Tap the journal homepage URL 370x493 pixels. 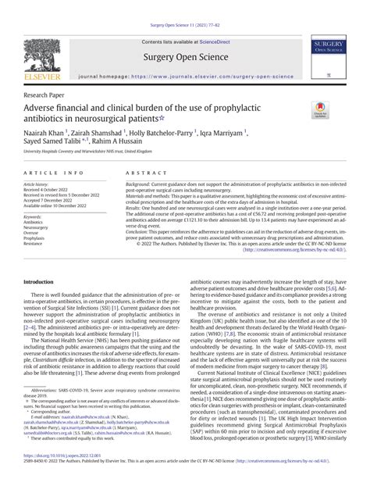(x=215, y=78)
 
